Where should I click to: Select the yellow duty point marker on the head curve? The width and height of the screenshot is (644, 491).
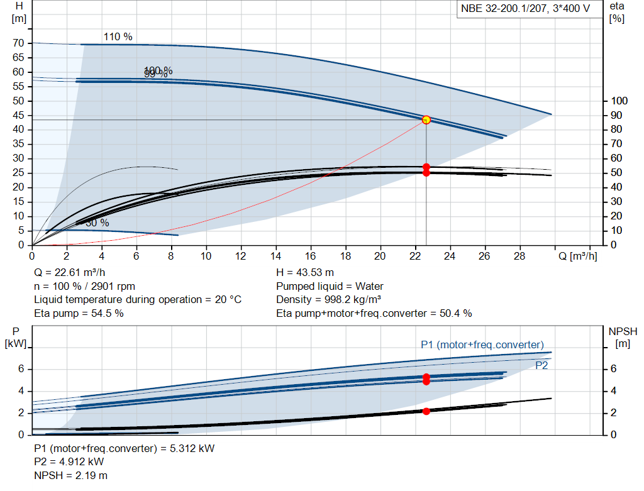click(x=426, y=119)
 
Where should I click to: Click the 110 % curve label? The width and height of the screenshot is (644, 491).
click(x=118, y=36)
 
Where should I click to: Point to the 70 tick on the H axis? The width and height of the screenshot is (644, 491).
click(x=19, y=43)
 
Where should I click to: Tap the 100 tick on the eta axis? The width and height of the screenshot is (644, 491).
click(x=619, y=101)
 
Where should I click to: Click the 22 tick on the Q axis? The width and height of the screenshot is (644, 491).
click(x=414, y=257)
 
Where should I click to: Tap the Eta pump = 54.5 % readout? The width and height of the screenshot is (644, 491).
click(x=79, y=313)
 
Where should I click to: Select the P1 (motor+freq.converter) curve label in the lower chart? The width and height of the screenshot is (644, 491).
click(x=482, y=345)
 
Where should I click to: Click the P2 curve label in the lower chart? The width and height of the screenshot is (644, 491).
click(x=541, y=365)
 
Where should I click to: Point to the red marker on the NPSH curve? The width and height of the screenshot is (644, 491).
click(x=426, y=411)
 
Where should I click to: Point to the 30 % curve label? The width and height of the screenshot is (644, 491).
click(x=97, y=223)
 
